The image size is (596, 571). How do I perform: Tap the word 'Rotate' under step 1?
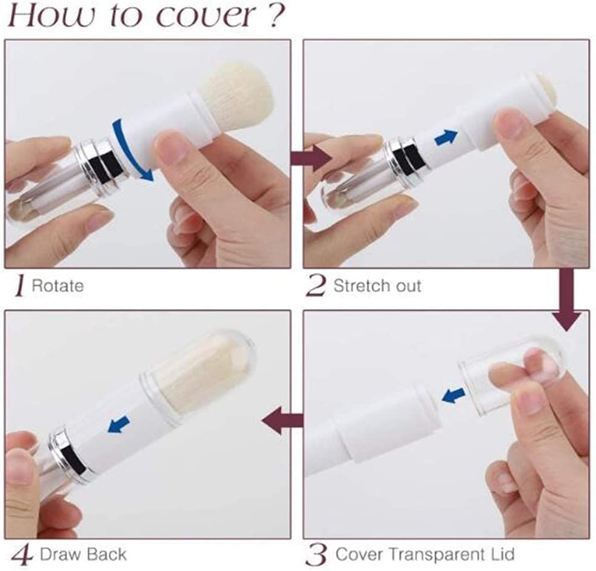tap(57, 286)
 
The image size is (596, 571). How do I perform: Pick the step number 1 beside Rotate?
tap(20, 286)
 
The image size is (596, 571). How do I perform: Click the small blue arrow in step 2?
tap(446, 137)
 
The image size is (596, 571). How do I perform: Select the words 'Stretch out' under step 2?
tap(377, 286)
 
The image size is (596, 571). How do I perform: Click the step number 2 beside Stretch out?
tap(316, 286)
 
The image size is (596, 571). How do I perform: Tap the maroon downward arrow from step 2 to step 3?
tap(566, 300)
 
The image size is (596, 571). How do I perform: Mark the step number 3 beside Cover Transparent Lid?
tap(316, 555)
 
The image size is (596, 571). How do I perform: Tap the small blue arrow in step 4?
tap(119, 424)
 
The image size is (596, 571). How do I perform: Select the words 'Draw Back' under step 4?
tap(83, 554)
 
